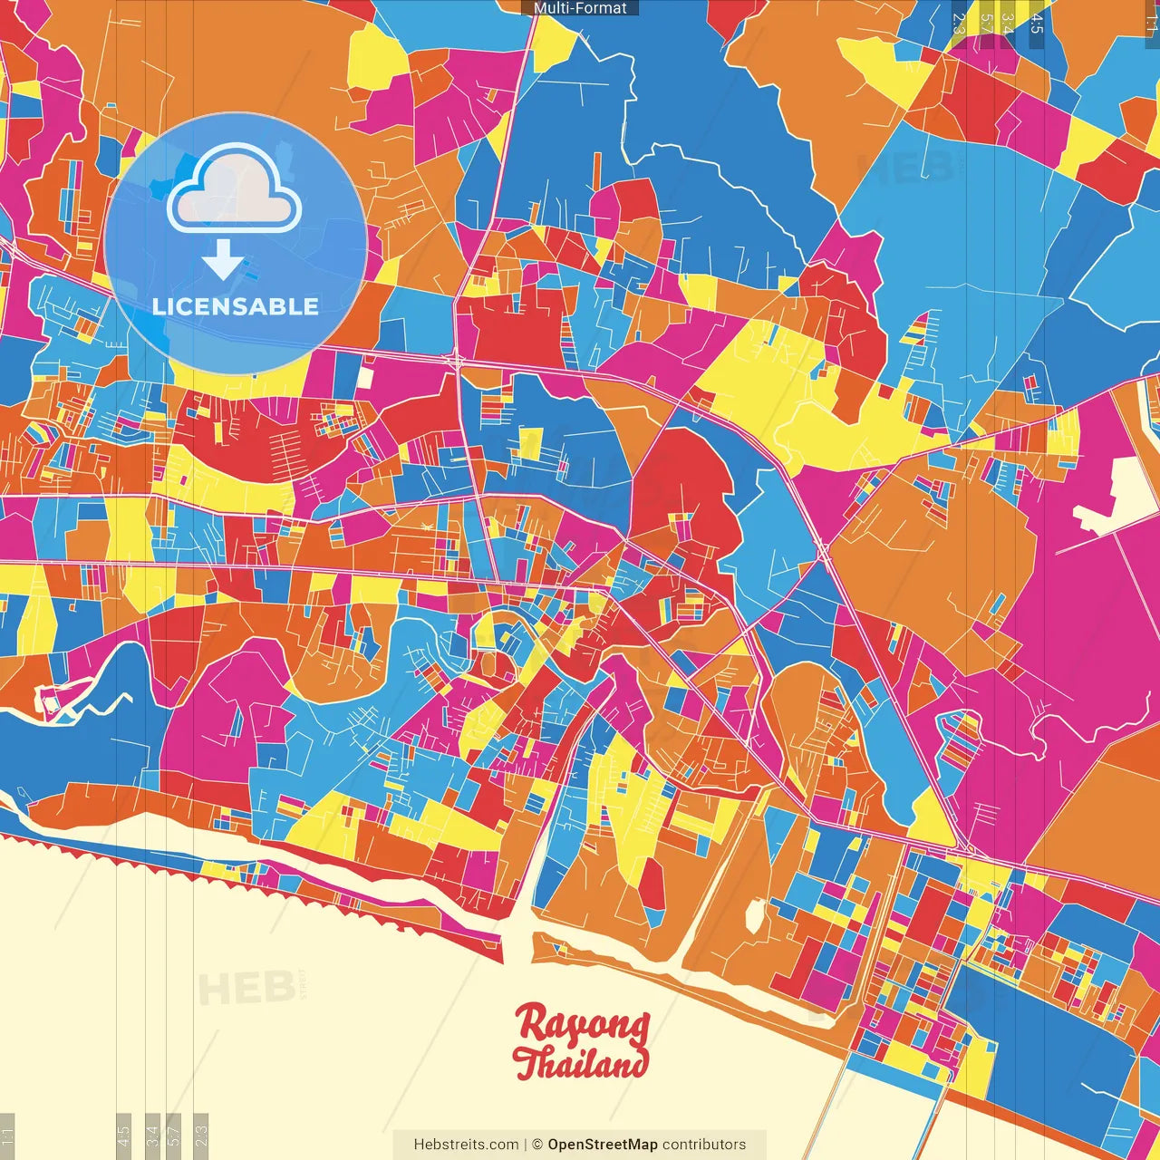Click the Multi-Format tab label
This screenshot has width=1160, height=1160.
(580, 8)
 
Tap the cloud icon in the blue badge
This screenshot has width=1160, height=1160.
(234, 188)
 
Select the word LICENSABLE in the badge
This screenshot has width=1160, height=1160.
(236, 306)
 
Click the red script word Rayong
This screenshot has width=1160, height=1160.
(582, 1024)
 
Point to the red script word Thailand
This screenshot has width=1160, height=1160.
(580, 1062)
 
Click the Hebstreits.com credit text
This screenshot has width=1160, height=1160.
(466, 1145)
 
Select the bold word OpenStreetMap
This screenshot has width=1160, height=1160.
(603, 1145)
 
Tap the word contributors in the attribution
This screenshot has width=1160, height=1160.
(704, 1145)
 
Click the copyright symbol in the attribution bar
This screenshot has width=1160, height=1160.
(536, 1145)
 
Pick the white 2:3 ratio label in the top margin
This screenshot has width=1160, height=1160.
(960, 24)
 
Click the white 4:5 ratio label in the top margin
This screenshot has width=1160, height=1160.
(1037, 24)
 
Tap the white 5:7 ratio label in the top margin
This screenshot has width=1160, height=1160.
(986, 24)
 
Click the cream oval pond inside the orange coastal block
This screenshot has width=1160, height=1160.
(753, 915)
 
